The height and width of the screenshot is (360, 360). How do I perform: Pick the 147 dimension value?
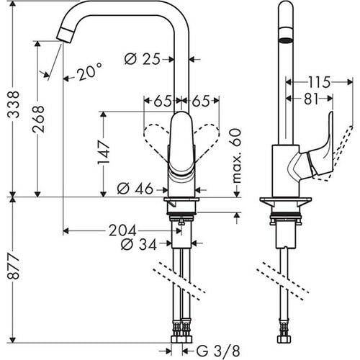click(105, 152)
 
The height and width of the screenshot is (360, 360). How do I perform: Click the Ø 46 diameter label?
click(134, 189)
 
